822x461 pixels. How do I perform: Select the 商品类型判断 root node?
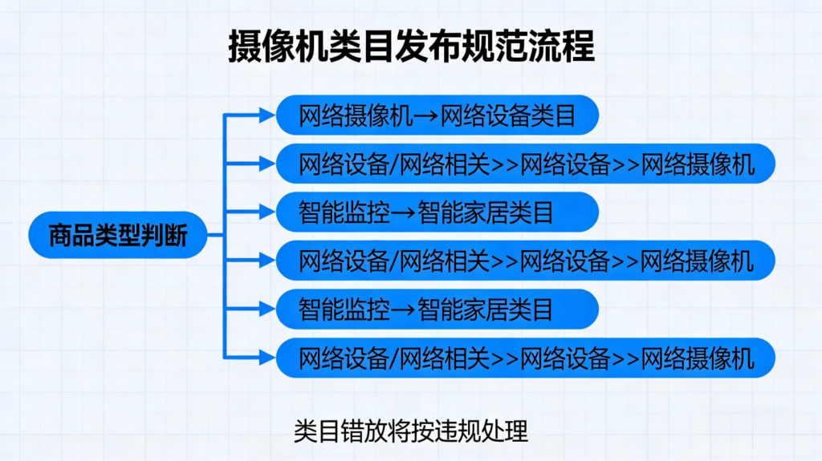[117, 236]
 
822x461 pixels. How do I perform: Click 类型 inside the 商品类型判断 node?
[117, 236]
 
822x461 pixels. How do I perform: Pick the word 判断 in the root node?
[164, 236]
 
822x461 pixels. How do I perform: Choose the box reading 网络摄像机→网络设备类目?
[437, 116]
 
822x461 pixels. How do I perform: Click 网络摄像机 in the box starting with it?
[356, 116]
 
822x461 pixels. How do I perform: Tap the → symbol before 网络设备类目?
[425, 116]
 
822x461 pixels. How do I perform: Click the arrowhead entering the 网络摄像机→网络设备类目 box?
[268, 115]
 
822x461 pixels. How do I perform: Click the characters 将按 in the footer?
[410, 431]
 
